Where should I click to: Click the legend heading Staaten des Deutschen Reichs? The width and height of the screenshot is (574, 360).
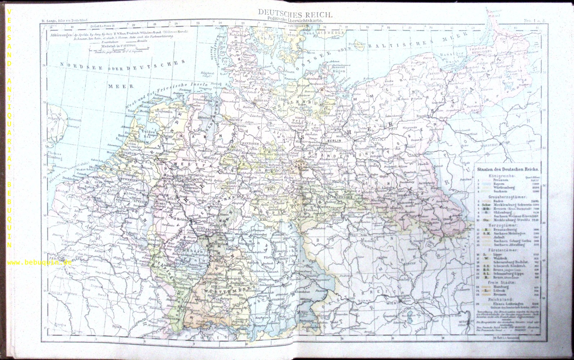pyautogui.click(x=507, y=168)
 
